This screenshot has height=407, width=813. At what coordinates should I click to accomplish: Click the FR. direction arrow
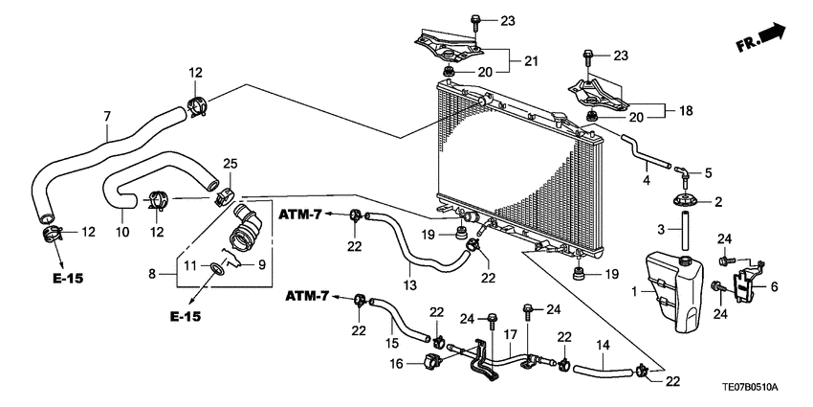click(x=761, y=39)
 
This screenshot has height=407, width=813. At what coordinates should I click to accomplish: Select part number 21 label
click(x=531, y=61)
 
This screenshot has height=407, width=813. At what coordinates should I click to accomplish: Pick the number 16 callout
click(x=397, y=363)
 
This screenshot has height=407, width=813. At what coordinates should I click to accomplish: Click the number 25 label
click(x=230, y=164)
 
